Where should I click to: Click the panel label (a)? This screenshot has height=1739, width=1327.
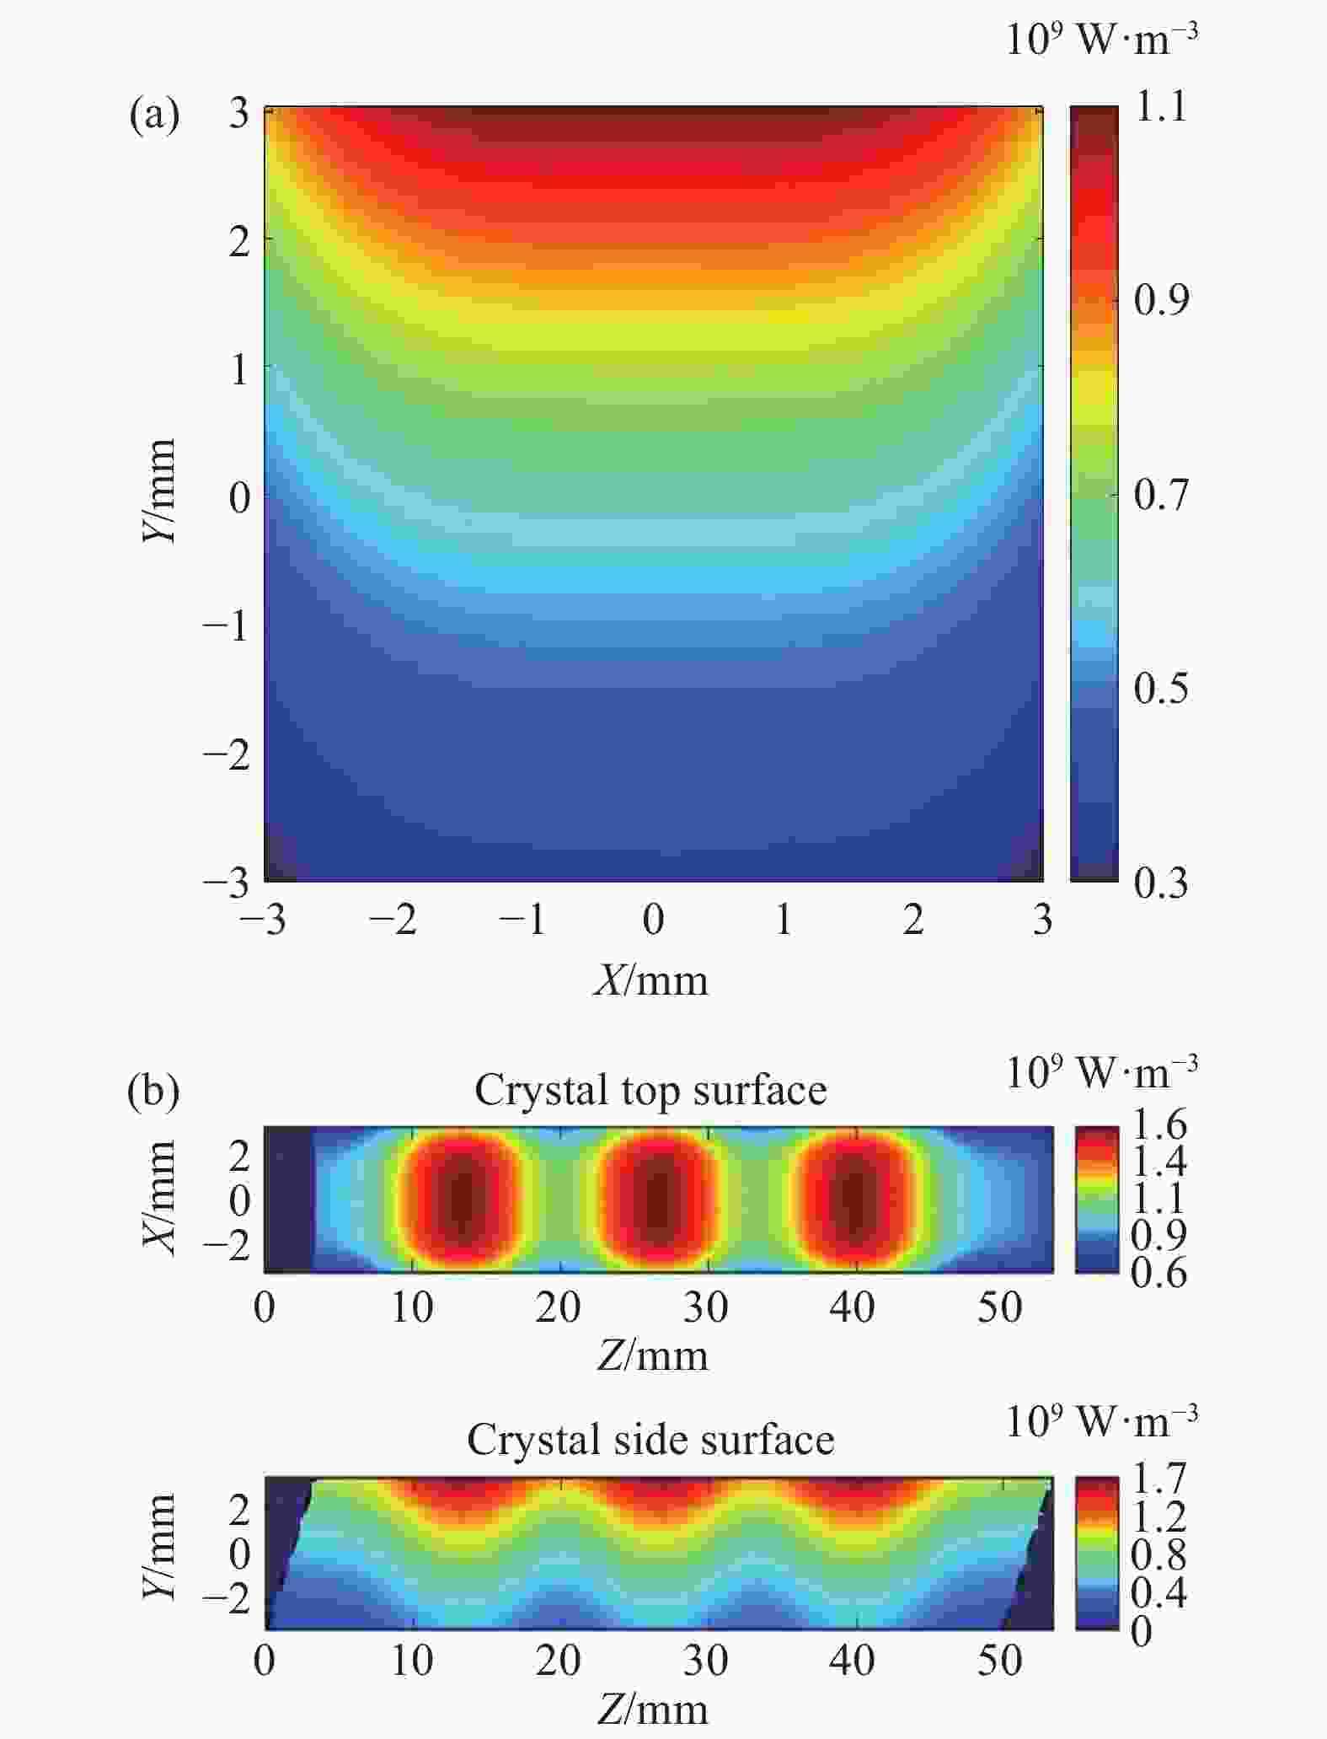[x=154, y=114]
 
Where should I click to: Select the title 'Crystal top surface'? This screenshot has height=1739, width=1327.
[x=650, y=1090]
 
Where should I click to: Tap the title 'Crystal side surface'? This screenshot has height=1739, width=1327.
[x=650, y=1439]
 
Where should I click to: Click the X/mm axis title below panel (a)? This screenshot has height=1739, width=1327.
[x=650, y=980]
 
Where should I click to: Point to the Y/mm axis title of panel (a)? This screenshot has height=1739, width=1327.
[x=159, y=491]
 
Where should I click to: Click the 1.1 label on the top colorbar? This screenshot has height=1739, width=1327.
[x=1161, y=107]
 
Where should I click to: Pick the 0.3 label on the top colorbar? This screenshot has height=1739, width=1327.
[x=1160, y=883]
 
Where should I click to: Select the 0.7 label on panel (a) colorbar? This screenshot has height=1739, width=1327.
[x=1160, y=494]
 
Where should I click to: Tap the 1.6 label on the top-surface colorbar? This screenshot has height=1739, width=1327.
[x=1158, y=1124]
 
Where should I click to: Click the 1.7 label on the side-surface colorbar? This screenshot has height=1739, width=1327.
[x=1158, y=1478]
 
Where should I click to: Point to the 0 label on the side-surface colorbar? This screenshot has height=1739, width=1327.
[x=1142, y=1632]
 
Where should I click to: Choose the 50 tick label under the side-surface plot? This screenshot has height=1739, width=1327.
[x=1000, y=1661]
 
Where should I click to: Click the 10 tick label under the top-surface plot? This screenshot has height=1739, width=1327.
[x=412, y=1307]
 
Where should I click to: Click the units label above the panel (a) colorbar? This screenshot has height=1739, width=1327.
[x=1102, y=39]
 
